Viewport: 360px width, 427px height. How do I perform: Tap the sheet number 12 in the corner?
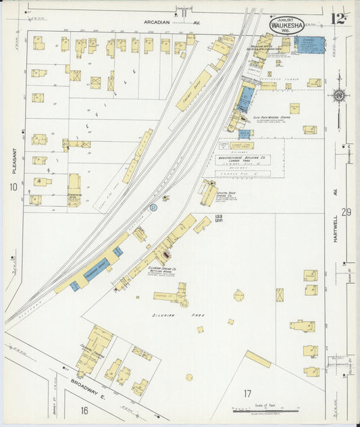[x=338, y=18]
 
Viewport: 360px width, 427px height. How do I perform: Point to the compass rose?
[x=338, y=95]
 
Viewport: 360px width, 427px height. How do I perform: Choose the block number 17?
[x=247, y=393]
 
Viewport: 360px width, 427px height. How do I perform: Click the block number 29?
[x=346, y=212]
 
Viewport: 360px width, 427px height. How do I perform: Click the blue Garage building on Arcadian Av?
[x=309, y=45]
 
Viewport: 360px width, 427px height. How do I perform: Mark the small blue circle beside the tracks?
[x=153, y=207]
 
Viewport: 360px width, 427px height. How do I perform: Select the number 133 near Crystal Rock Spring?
[x=218, y=217]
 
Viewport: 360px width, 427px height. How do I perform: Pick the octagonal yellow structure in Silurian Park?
[x=239, y=295]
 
